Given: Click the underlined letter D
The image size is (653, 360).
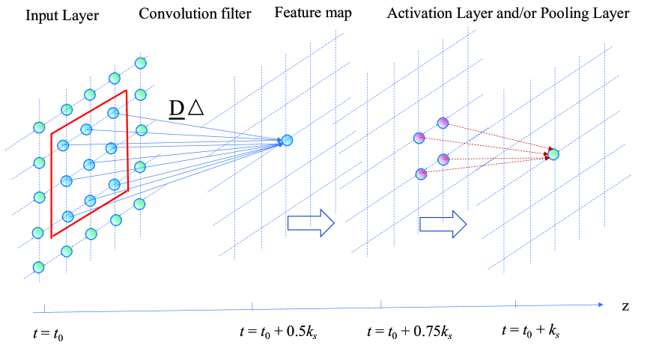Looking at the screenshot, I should coord(177,109).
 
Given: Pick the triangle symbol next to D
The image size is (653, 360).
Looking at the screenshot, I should coord(195,109).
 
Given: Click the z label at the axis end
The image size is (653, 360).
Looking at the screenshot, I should coord(624,307).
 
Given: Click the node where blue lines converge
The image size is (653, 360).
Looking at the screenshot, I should coord(287,140).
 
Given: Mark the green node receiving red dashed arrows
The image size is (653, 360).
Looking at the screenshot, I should coord(553,154).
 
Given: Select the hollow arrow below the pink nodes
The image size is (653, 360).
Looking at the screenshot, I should coord(443,223).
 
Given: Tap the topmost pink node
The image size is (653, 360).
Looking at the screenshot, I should coord(443,122).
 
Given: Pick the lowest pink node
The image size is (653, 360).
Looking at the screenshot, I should coord(420,174).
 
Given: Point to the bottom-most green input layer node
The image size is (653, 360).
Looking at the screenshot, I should coord(39,267).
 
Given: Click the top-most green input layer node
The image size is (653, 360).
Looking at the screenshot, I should coord(139,62).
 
